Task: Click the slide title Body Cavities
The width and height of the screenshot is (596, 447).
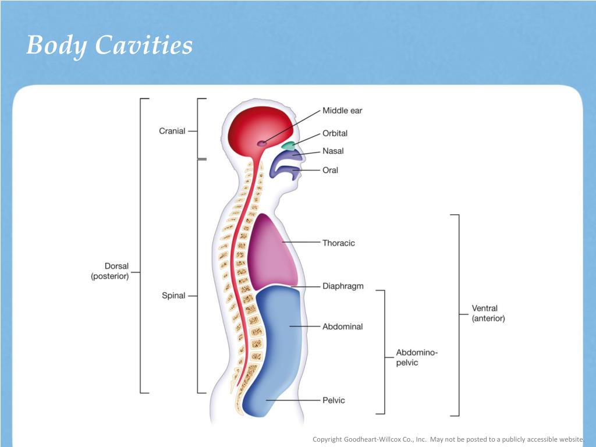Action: click(x=109, y=45)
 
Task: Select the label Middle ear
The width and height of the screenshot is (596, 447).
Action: click(x=342, y=111)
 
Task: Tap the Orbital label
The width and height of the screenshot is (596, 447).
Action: click(x=335, y=133)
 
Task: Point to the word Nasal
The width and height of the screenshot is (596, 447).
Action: click(x=333, y=151)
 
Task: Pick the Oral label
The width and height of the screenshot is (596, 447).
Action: click(x=330, y=171)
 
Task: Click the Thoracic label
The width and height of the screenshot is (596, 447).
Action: click(x=338, y=243)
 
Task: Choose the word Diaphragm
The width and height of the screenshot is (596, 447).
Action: click(x=343, y=286)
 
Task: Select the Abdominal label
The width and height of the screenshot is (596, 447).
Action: click(x=342, y=327)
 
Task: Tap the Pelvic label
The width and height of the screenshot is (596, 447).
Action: click(x=334, y=400)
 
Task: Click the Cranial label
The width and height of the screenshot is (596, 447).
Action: click(x=172, y=131)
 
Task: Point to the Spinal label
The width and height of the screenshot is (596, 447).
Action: click(x=173, y=296)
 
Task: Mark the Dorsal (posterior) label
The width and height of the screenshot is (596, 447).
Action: click(x=110, y=272)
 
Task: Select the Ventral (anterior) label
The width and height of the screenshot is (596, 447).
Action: click(x=488, y=313)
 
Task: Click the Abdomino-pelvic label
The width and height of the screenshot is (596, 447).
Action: click(x=416, y=357)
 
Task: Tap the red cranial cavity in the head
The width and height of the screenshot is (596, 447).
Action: click(x=256, y=128)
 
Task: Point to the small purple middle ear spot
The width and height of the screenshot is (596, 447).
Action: click(x=262, y=143)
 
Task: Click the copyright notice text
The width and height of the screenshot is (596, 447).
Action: click(x=448, y=439)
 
